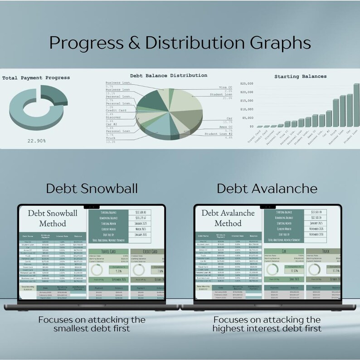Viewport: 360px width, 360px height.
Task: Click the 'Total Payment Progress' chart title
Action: pos(36,78)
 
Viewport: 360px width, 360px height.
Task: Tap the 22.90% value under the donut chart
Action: pos(36,141)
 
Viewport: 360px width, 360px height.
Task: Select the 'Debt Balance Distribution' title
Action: pos(169,75)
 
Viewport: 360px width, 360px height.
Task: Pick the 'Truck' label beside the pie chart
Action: pos(111,138)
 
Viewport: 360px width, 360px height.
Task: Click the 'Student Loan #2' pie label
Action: pos(218,134)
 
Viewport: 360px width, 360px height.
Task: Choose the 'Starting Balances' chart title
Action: pos(300,76)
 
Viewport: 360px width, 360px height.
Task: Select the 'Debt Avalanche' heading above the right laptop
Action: pos(268,188)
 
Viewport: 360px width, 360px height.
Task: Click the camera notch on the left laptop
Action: pos(92,206)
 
